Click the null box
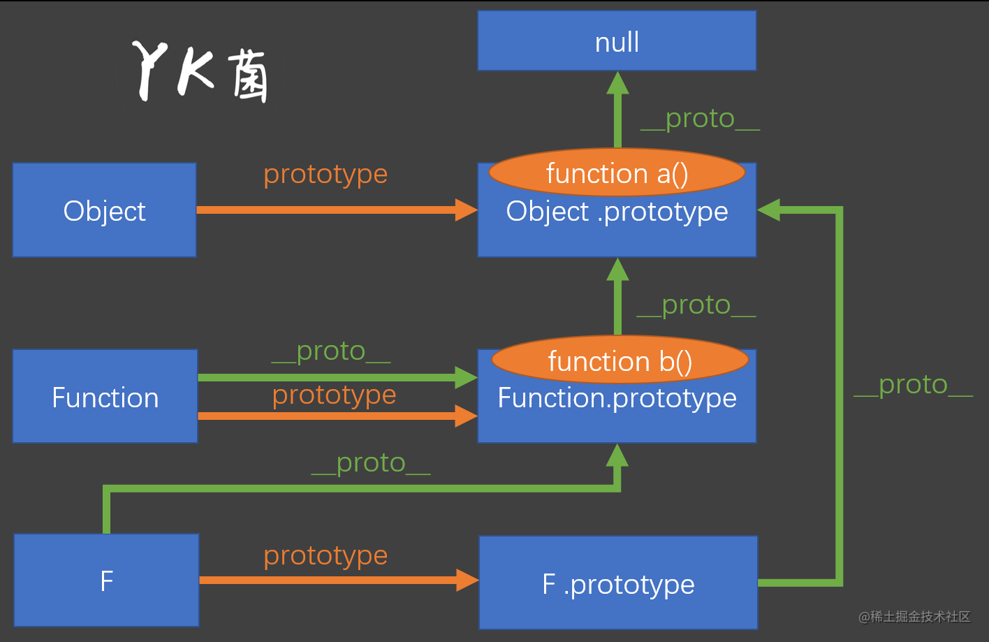tap(617, 41)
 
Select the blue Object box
tap(104, 210)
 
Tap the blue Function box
tap(105, 397)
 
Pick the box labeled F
tap(106, 581)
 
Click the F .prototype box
tap(618, 583)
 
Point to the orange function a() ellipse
tap(617, 173)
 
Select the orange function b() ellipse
tap(620, 360)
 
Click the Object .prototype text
tap(617, 212)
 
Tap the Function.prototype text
tap(617, 398)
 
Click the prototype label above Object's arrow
tap(325, 174)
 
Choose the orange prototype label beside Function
tap(334, 395)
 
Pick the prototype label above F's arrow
tap(325, 556)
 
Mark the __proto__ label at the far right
tap(913, 385)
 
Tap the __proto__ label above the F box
tap(370, 463)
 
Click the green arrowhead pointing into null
tap(617, 83)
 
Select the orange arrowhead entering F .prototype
tap(467, 580)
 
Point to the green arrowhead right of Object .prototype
tap(769, 210)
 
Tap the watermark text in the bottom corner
tap(914, 616)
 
